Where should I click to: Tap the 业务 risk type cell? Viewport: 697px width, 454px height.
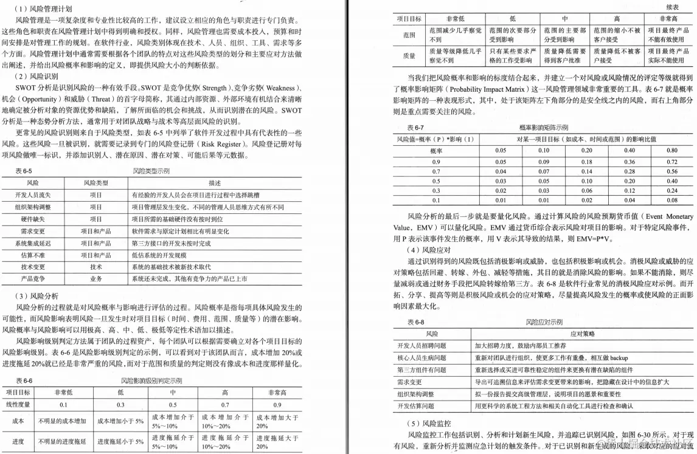[x=96, y=278]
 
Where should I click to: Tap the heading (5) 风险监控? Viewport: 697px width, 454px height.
[x=428, y=422]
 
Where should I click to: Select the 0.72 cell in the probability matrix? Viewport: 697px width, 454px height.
[x=671, y=162]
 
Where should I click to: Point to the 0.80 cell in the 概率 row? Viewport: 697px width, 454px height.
[x=671, y=150]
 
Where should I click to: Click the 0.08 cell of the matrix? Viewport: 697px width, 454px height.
[x=671, y=199]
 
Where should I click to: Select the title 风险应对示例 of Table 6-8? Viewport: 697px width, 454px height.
[x=544, y=322]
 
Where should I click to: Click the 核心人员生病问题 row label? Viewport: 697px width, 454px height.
[x=423, y=357]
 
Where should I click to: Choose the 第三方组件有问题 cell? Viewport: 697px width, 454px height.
[x=423, y=370]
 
